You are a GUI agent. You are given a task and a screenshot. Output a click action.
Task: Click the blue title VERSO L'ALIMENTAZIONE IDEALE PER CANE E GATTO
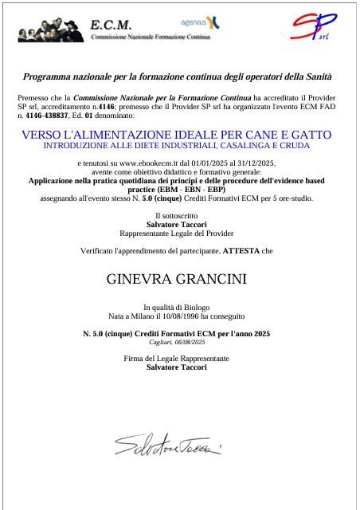[x=176, y=135]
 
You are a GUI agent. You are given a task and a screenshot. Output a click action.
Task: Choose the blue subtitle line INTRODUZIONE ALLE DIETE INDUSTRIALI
[x=176, y=146]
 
